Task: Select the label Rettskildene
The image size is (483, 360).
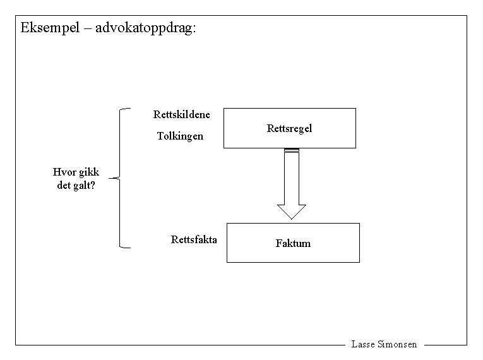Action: [182, 114]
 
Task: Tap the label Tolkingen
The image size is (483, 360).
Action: [180, 136]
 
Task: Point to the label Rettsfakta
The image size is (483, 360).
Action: [194, 239]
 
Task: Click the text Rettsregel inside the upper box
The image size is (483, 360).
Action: [289, 128]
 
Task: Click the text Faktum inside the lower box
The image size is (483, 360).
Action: [293, 243]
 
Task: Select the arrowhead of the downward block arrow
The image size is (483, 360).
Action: [291, 211]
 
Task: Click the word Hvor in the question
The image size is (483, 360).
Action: [64, 172]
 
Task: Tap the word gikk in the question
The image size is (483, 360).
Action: [88, 172]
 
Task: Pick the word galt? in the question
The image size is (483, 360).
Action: [85, 186]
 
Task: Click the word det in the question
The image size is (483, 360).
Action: [65, 186]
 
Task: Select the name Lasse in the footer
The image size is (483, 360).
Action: [363, 345]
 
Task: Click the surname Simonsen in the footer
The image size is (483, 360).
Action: [397, 345]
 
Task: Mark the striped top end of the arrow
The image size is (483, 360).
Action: [291, 150]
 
